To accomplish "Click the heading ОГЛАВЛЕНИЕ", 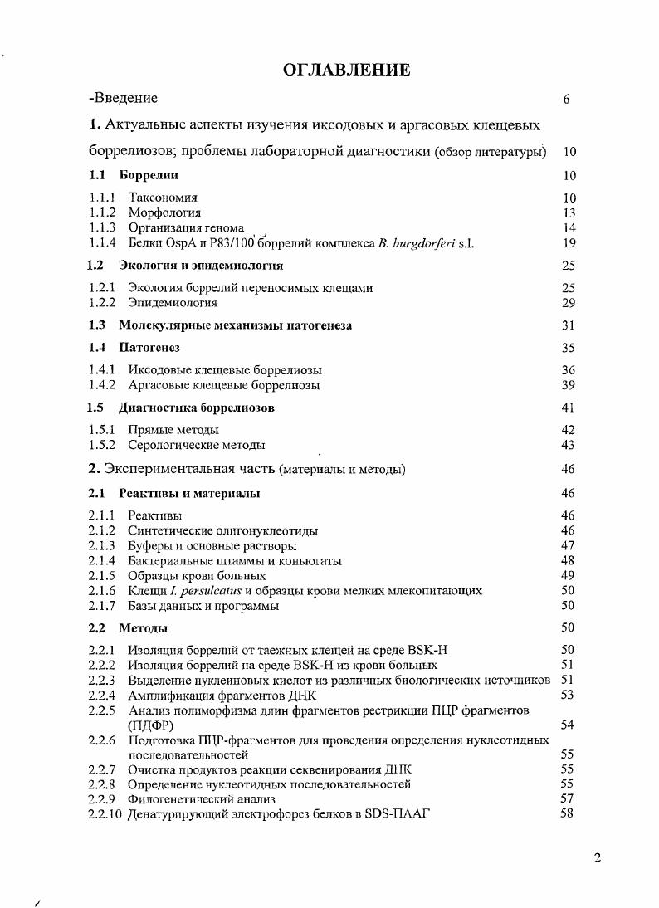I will click(x=346, y=70).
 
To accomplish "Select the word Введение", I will click(x=125, y=99).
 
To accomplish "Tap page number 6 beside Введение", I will click(x=566, y=100).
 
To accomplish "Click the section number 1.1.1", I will click(x=102, y=198).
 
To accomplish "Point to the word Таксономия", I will click(x=163, y=198).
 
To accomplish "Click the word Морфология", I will click(x=164, y=212).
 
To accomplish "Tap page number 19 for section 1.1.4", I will click(x=569, y=243).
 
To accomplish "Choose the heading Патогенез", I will click(x=149, y=348).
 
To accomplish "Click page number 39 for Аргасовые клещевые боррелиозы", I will click(x=569, y=385).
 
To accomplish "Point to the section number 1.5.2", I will click(x=102, y=445).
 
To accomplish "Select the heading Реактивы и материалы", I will click(x=189, y=493).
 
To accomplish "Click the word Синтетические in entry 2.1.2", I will click(x=168, y=530).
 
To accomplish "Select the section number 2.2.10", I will click(x=105, y=813).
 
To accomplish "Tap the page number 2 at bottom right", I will click(x=597, y=858).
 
